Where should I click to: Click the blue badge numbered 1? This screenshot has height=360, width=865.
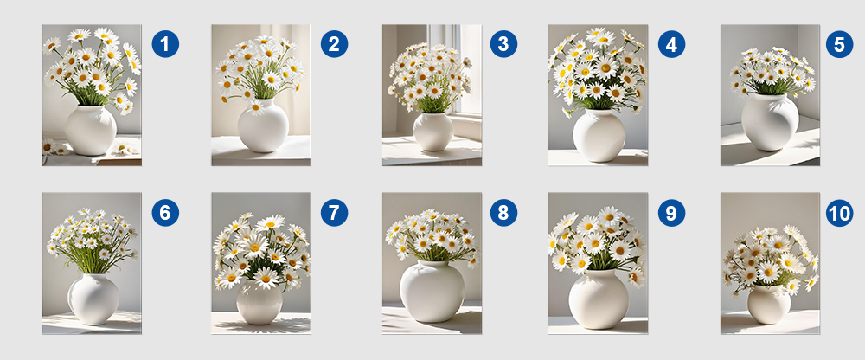[x=165, y=44]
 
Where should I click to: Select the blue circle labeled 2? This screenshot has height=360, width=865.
[x=334, y=44]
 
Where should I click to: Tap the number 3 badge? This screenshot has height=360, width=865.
[x=503, y=44]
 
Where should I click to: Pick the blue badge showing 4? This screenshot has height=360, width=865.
[x=671, y=44]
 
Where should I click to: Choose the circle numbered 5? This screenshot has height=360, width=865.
[x=840, y=44]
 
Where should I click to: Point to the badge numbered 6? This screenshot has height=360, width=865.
[x=165, y=213]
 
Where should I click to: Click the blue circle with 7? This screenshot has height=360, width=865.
[x=334, y=213]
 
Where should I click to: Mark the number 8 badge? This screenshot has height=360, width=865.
[x=503, y=213]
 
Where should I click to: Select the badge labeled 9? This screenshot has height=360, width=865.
[x=671, y=213]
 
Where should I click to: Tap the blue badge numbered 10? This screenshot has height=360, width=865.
[x=840, y=213]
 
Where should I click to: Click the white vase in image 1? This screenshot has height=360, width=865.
[x=91, y=131]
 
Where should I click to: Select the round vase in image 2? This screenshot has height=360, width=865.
[x=263, y=125]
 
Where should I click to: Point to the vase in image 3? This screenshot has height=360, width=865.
[x=433, y=132]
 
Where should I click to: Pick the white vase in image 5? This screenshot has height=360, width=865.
[x=770, y=122]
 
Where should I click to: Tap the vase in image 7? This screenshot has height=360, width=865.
[x=259, y=302]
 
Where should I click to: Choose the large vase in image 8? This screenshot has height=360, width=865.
[x=432, y=292]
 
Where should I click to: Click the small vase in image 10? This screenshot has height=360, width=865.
[x=769, y=305]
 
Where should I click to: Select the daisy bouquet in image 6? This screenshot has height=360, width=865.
[x=93, y=241]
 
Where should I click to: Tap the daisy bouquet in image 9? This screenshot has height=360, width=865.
[x=598, y=243]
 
